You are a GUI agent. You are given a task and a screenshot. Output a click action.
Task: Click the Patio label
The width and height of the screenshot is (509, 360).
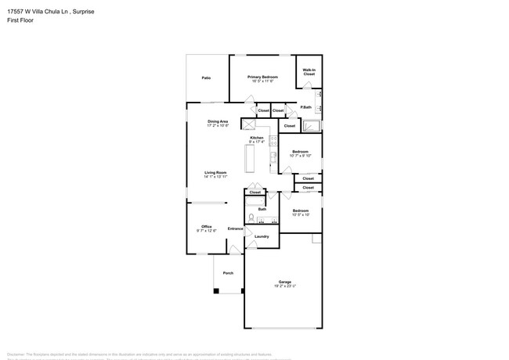(206, 78)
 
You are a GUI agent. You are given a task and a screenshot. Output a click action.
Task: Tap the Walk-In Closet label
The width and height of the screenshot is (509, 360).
(309, 72)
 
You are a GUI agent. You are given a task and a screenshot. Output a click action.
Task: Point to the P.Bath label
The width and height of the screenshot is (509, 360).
(305, 107)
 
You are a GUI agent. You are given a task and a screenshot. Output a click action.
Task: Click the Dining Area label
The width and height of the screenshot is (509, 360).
(217, 121)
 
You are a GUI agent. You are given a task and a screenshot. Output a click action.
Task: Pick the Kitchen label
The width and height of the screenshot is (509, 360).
(257, 138)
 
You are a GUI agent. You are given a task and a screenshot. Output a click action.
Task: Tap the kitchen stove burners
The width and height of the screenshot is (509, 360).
(273, 142)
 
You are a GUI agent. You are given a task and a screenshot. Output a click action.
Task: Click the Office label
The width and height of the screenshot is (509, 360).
(207, 227)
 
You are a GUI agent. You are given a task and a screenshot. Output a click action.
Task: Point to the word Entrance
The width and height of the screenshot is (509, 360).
(235, 229)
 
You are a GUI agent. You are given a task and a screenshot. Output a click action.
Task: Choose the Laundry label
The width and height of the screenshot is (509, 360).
(262, 236)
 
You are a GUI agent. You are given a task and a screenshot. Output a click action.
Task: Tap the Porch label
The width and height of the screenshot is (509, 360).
(228, 273)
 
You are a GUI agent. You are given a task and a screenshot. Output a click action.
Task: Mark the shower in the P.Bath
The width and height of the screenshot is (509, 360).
(311, 125)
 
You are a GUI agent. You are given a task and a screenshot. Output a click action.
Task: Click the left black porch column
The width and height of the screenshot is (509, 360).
(215, 292)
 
